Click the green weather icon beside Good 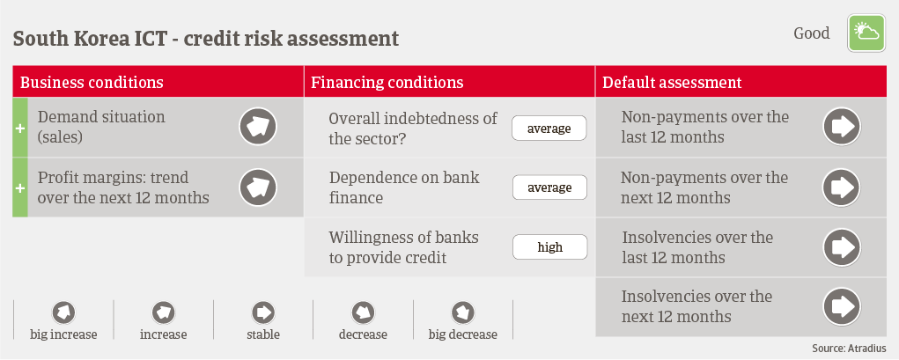coord(866,33)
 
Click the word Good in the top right coord(811,33)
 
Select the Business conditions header coord(92,82)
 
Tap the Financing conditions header coord(387,82)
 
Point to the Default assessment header coord(672,82)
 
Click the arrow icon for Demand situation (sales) coord(258,127)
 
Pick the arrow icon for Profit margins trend coord(258,187)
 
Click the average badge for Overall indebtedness coord(549,128)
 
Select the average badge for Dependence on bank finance coord(549,187)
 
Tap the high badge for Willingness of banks coord(549,247)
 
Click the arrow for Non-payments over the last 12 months coord(843,127)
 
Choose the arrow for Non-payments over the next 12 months coord(843,187)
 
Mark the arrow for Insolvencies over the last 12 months coord(843,247)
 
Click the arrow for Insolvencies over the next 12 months coord(843,306)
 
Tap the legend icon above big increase coord(63,313)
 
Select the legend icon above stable coord(263,313)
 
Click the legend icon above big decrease coord(462,313)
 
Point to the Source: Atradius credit coord(849,348)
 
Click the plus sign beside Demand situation coord(20,129)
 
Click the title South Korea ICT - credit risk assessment coord(206,39)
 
